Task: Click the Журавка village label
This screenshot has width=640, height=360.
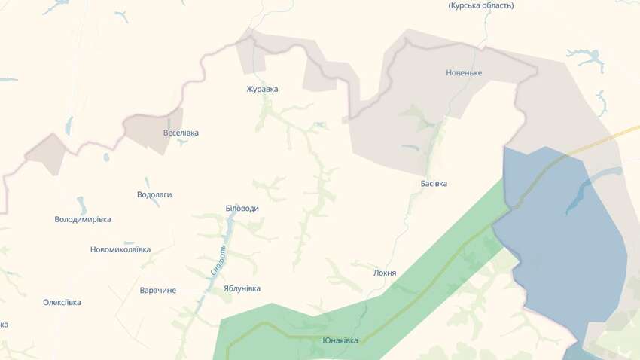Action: (262, 89)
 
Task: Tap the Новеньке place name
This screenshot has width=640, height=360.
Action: (463, 73)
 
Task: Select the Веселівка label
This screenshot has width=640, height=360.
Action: (181, 133)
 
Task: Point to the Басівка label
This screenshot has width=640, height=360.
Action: (434, 183)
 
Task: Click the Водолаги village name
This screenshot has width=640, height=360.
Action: (154, 194)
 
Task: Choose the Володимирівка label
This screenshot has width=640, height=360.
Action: (83, 219)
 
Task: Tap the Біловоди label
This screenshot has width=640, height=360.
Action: (242, 208)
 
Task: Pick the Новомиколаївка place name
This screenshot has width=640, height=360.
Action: (120, 249)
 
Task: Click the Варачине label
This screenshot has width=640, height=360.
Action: (158, 290)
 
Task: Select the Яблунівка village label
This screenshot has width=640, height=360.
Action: (242, 288)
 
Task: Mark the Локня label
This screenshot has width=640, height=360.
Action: (385, 273)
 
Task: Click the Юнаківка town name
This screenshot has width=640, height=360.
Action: (340, 340)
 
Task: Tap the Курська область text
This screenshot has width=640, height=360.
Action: (481, 5)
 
